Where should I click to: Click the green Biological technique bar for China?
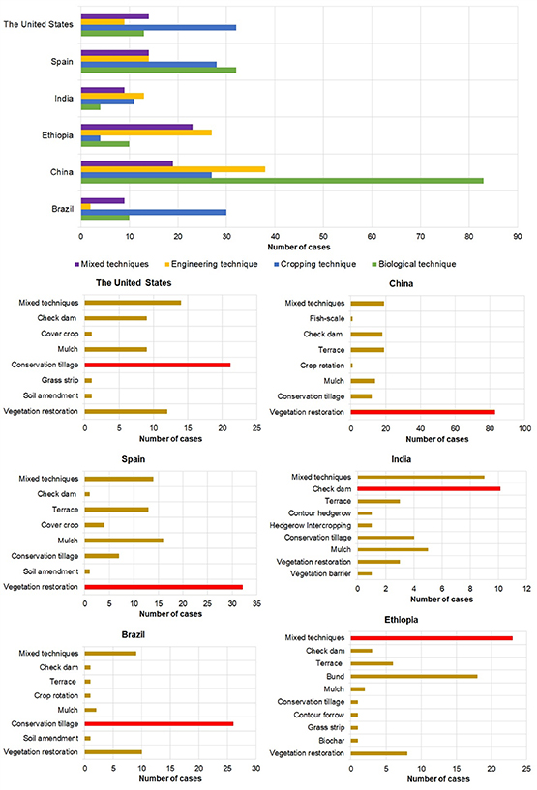pyautogui.click(x=281, y=180)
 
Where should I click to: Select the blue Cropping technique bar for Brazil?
pyautogui.click(x=153, y=212)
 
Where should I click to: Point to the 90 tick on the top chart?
pyautogui.click(x=518, y=234)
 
